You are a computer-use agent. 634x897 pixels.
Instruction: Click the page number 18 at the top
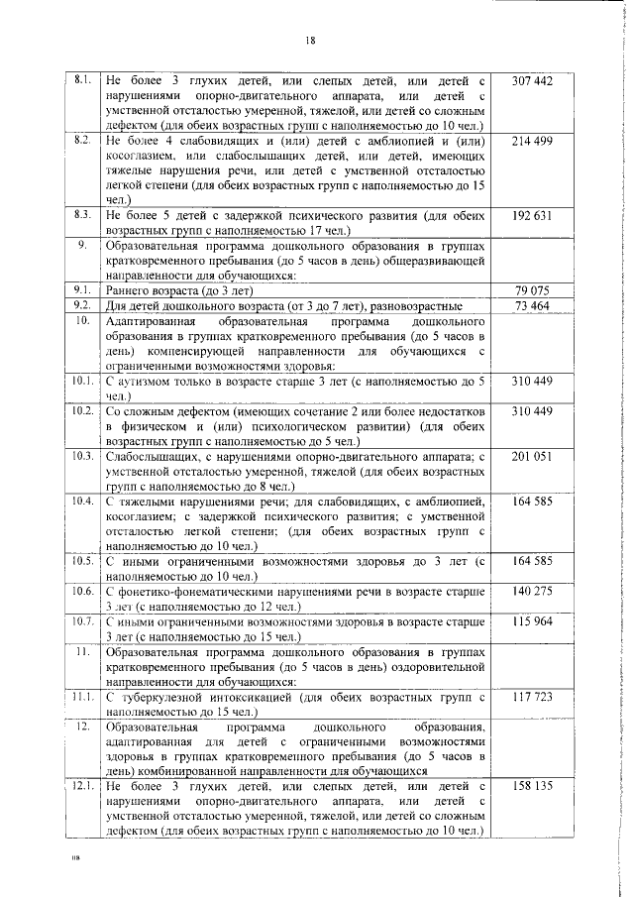point(310,41)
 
